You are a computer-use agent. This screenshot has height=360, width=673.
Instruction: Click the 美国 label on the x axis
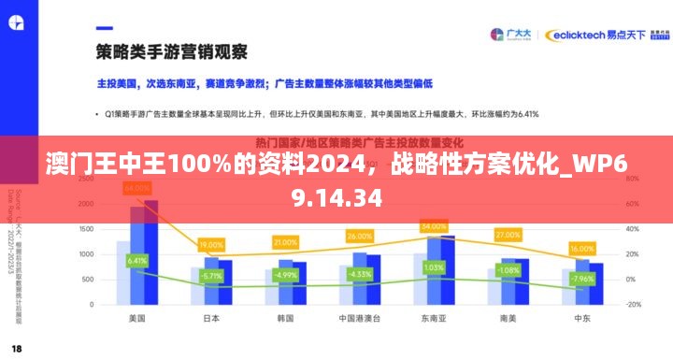tap(136, 318)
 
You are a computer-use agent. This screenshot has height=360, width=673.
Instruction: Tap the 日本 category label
tap(211, 318)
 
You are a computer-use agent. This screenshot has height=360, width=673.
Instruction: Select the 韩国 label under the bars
tap(285, 318)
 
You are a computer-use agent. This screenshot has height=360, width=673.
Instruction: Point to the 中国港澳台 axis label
tap(359, 318)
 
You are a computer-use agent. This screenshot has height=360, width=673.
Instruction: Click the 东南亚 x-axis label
tap(434, 318)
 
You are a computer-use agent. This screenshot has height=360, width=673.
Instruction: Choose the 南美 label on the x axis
tap(508, 318)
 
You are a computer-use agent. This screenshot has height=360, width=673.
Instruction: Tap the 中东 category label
tap(581, 318)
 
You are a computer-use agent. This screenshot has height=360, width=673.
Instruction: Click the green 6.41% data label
tap(137, 260)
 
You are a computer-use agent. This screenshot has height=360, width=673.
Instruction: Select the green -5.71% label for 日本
tap(211, 276)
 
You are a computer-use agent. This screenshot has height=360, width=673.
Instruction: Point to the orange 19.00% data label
tap(211, 245)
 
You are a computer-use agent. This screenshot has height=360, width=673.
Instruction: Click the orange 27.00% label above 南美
tap(508, 234)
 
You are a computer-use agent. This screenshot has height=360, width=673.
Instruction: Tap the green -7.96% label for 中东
tap(581, 279)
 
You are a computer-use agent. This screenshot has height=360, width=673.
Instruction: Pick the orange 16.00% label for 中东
tap(581, 249)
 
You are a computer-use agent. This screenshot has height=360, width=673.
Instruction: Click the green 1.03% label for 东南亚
tap(434, 266)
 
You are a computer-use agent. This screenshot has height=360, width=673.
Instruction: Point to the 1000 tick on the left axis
tap(86, 253)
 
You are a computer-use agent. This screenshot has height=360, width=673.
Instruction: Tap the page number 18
tap(17, 348)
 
